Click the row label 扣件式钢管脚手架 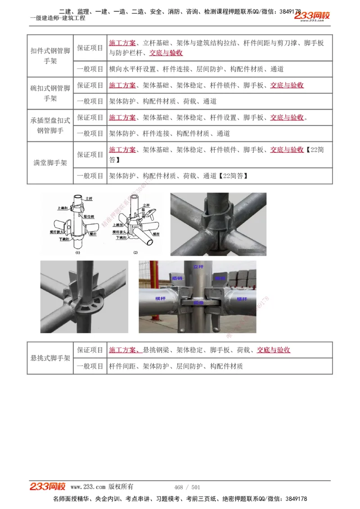tap(50, 56)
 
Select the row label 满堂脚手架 tap(50, 163)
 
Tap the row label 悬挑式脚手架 tap(50, 358)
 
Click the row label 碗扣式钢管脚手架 tap(50, 93)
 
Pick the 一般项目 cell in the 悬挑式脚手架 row tap(90, 366)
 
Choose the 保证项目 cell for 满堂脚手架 tap(90, 154)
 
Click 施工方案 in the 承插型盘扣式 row tap(122, 117)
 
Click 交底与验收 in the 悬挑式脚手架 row tap(273, 350)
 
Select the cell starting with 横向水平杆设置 tap(196, 69)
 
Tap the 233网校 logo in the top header tap(312, 16)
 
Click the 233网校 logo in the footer tap(48, 487)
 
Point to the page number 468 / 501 tap(187, 487)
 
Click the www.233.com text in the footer tap(88, 487)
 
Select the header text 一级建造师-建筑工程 tap(58, 18)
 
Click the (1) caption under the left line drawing tap(77, 253)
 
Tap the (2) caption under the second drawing tap(135, 253)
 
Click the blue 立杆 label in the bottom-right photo tap(198, 267)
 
